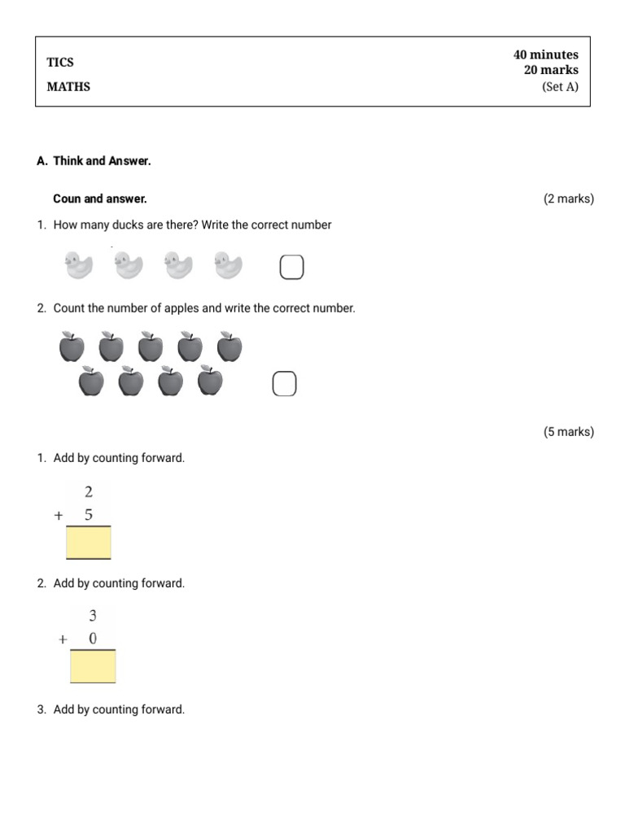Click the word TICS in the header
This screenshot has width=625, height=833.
60,63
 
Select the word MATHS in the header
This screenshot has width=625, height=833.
68,87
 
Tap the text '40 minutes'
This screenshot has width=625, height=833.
545,55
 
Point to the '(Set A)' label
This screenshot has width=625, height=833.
560,87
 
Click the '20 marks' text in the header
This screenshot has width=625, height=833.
551,70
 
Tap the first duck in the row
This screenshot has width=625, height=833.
79,265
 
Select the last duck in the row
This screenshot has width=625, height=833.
229,265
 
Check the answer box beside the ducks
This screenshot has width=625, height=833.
291,267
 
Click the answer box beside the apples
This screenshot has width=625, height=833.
284,384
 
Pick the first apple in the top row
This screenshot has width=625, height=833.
72,347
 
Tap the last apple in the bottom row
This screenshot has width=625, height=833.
210,381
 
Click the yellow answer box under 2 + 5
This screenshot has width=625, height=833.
89,543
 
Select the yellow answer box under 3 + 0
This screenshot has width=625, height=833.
93,666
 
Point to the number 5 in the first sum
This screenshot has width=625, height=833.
89,515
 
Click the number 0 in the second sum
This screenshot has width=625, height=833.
93,639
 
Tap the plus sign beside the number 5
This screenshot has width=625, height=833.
59,516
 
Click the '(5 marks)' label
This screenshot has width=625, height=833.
569,432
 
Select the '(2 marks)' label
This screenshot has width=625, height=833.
569,198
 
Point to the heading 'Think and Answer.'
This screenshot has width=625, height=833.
102,161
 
